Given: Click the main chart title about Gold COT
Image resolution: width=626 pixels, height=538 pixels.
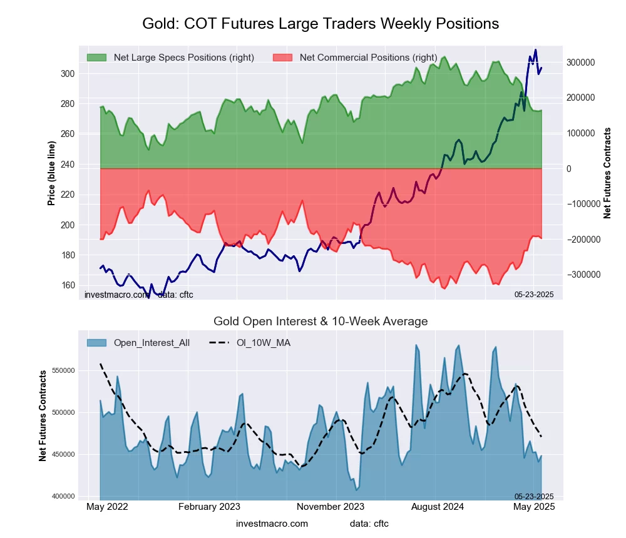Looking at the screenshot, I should pos(321,24).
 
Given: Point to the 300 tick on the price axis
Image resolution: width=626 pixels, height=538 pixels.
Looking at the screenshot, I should pos(68,74).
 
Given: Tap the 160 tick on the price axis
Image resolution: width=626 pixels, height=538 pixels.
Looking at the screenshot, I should pos(68,285).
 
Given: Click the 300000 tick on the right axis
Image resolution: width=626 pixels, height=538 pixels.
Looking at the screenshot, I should pos(580,63).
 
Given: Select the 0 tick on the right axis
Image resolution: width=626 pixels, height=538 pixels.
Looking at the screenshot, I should pos(569,169).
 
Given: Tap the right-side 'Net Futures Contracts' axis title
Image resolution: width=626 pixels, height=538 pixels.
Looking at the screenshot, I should pos(607,173).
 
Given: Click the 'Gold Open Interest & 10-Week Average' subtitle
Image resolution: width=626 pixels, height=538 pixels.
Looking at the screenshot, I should pos(321,322).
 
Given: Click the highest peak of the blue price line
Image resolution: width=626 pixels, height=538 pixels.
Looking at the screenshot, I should pos(535,50).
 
